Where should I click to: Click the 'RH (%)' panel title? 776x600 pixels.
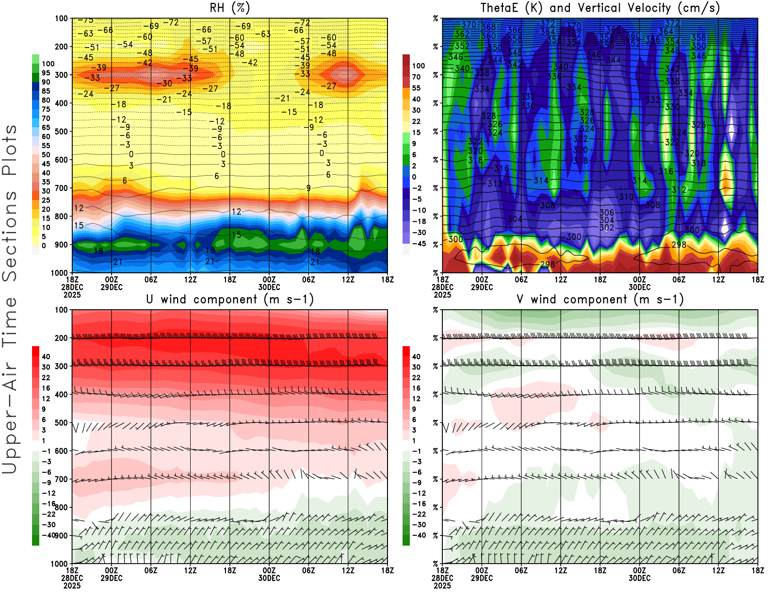click(x=230, y=8)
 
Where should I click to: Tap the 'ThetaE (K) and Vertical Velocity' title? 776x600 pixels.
click(x=600, y=8)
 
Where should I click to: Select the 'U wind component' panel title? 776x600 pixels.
click(x=230, y=299)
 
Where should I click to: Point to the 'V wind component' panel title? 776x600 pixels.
click(x=600, y=299)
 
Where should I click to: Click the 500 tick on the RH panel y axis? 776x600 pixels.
click(x=61, y=132)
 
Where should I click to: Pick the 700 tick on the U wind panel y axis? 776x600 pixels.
click(x=61, y=479)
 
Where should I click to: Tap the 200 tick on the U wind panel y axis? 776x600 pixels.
click(x=61, y=338)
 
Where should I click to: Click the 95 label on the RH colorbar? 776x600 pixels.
click(x=46, y=73)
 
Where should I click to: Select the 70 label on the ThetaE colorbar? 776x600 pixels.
click(x=416, y=77)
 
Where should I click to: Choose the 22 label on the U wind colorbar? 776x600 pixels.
click(x=46, y=378)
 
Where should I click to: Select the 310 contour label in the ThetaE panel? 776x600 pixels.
click(x=626, y=197)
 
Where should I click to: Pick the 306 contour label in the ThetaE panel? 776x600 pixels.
click(x=607, y=213)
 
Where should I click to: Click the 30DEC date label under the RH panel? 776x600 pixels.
click(x=269, y=287)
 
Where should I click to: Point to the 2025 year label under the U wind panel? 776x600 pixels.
click(x=72, y=585)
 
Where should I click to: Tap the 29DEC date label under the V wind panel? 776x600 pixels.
click(x=482, y=578)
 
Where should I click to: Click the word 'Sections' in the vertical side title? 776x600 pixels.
click(x=10, y=235)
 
